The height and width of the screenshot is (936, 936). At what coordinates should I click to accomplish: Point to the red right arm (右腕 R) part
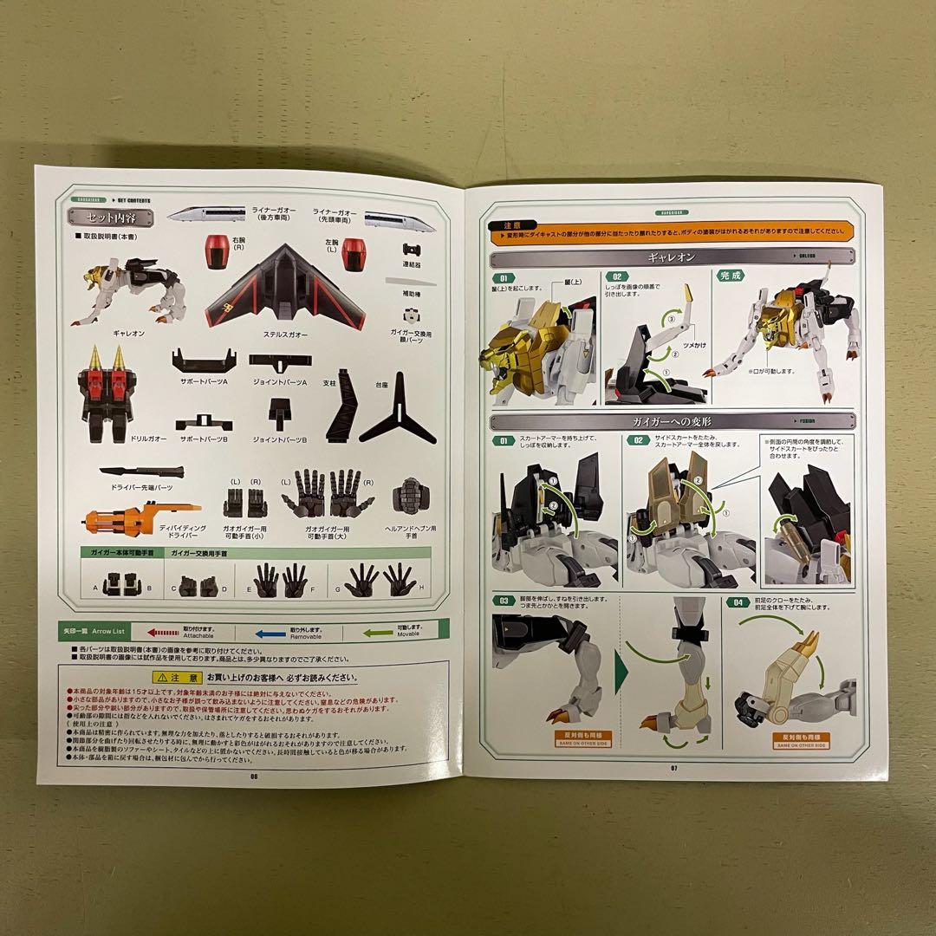(216, 252)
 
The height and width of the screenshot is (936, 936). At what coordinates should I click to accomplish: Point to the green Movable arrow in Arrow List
(376, 633)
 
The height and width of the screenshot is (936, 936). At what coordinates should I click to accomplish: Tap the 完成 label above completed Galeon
(731, 276)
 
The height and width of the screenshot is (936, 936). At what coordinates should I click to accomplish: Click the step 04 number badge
(737, 601)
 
